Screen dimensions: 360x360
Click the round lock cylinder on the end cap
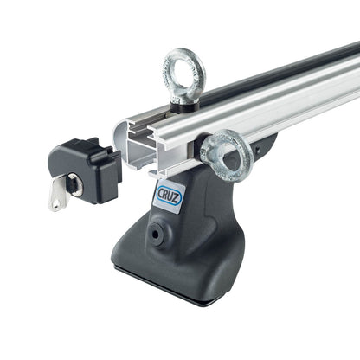pos(75,183)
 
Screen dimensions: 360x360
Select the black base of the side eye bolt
pos(209,144)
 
